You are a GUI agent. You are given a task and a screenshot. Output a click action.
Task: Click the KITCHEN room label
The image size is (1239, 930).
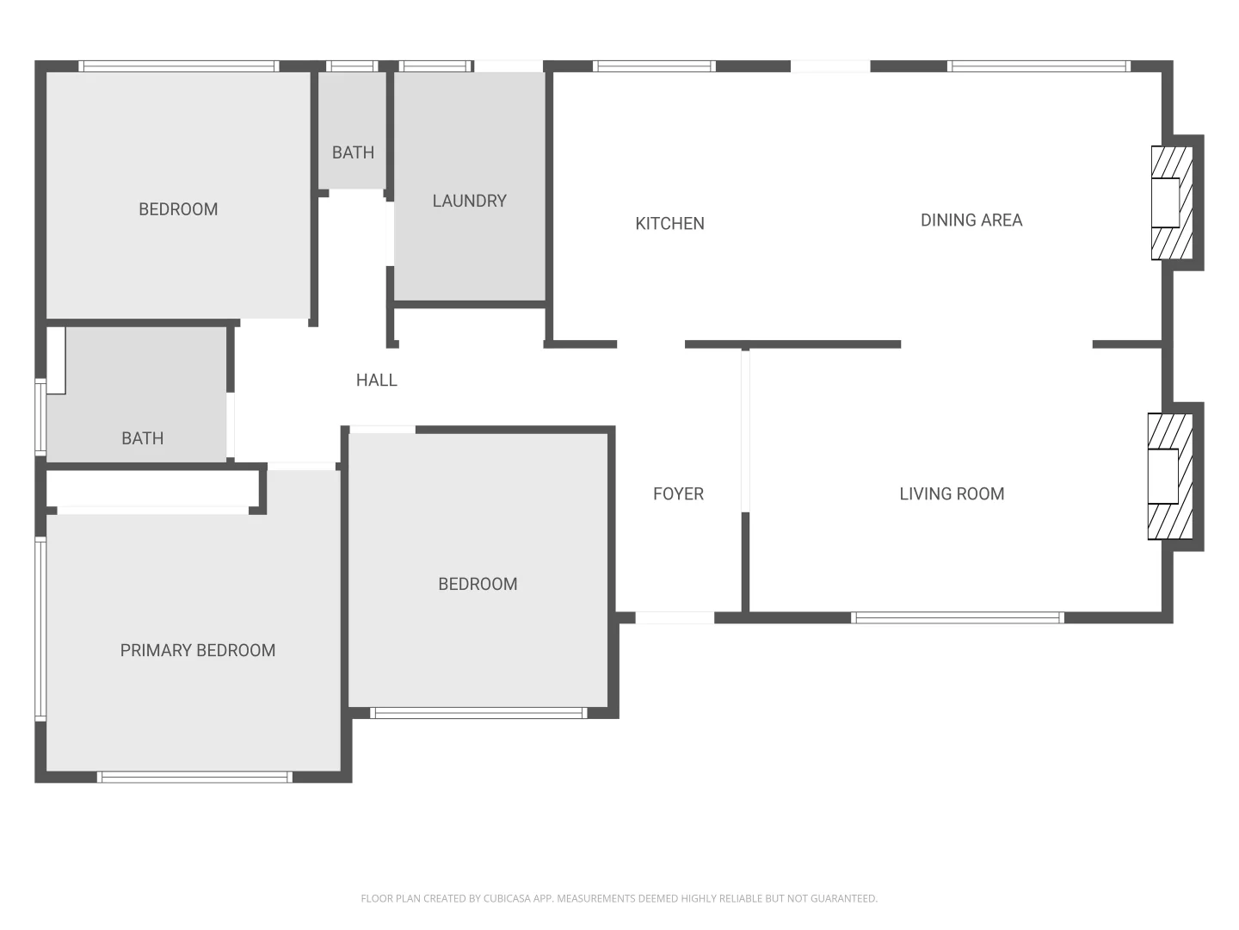point(669,224)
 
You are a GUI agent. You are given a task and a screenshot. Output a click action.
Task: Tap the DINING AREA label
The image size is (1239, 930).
point(971,220)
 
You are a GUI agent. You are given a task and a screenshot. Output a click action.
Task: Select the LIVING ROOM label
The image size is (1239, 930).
point(952,494)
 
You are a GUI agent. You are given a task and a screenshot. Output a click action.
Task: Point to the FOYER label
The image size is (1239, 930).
point(678,494)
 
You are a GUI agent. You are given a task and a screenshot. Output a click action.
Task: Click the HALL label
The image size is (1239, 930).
point(376,380)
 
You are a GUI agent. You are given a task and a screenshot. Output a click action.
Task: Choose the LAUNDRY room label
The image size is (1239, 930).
point(469,201)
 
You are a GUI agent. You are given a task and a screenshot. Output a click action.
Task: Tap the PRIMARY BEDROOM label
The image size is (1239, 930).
point(198,651)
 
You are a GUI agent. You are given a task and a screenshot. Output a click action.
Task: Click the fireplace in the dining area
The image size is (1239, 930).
point(1171,203)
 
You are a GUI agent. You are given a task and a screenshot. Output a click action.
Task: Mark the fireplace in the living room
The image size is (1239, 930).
point(1169,476)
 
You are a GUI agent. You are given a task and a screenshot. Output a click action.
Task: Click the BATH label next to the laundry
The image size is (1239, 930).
point(353,152)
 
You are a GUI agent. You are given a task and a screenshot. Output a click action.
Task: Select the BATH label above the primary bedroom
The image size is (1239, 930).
point(142,438)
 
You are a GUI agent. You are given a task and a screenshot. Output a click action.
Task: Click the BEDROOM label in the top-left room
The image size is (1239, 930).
point(178,209)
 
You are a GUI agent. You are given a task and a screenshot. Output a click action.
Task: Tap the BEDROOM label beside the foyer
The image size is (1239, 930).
point(478,584)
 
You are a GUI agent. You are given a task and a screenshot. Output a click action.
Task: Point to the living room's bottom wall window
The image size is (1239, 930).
point(957,617)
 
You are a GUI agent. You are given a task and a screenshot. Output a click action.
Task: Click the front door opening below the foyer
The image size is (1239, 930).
point(675,617)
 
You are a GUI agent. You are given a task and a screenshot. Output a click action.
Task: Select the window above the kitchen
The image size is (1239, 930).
point(654,66)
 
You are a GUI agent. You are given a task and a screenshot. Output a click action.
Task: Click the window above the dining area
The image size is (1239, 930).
point(1039,66)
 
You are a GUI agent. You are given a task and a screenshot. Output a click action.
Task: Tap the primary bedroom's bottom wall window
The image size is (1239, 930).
point(194,777)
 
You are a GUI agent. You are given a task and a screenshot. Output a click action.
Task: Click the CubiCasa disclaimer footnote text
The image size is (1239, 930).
point(619,898)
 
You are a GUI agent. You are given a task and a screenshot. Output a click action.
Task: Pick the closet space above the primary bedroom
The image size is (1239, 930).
point(152,488)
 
